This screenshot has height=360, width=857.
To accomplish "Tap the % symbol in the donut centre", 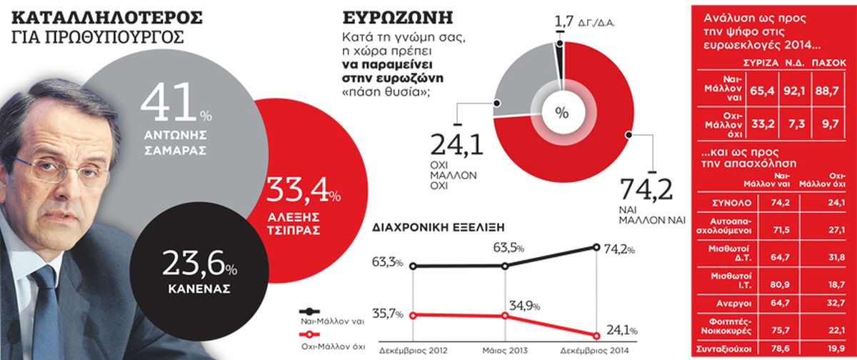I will (561, 112).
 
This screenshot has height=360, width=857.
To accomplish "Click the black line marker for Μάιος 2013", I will (505, 266).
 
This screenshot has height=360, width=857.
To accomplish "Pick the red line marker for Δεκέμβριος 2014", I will (596, 335).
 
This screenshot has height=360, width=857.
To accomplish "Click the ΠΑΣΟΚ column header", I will (830, 62).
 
